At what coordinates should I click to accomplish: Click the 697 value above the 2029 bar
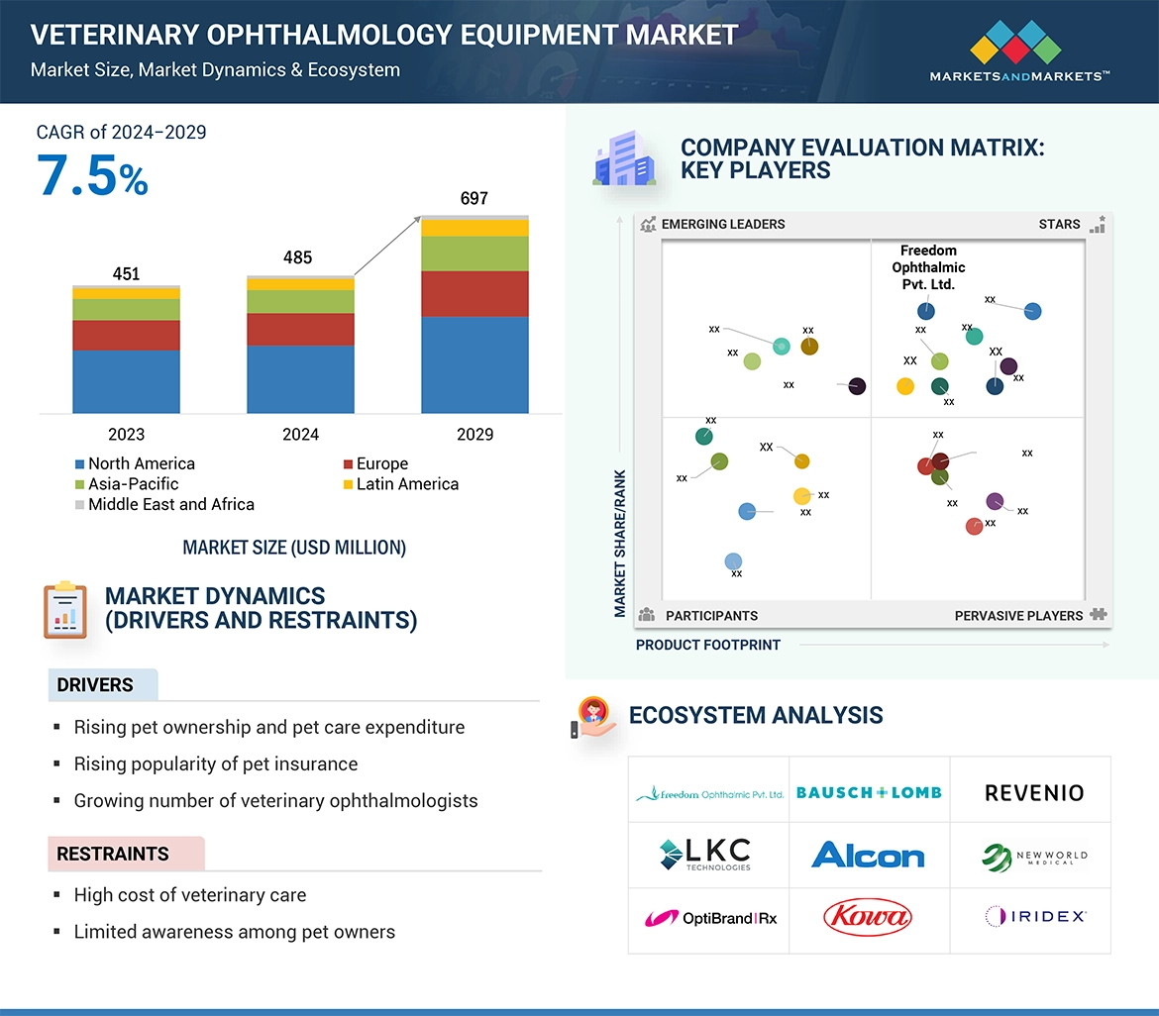474,199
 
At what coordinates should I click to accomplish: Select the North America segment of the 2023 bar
126,381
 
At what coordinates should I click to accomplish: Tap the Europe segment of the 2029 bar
474,294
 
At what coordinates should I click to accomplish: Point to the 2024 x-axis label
300,435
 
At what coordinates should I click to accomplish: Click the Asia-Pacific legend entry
133,484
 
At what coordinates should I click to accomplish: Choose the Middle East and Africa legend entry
170,504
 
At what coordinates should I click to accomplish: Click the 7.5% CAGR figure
93,176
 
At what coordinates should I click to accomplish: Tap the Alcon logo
868,855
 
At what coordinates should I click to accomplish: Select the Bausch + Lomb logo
869,793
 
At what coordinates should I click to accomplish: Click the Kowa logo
868,916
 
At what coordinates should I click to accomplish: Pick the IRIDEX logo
1035,917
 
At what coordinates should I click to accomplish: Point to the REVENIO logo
1034,793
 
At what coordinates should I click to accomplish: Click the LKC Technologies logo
705,854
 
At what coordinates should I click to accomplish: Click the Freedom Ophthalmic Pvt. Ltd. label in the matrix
928,267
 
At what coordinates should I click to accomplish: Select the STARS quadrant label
1059,224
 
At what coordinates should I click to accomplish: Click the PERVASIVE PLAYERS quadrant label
1018,616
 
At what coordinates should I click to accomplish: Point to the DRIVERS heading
95,685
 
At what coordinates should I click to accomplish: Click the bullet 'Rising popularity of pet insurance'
216,764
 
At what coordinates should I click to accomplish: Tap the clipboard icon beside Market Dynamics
64,609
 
